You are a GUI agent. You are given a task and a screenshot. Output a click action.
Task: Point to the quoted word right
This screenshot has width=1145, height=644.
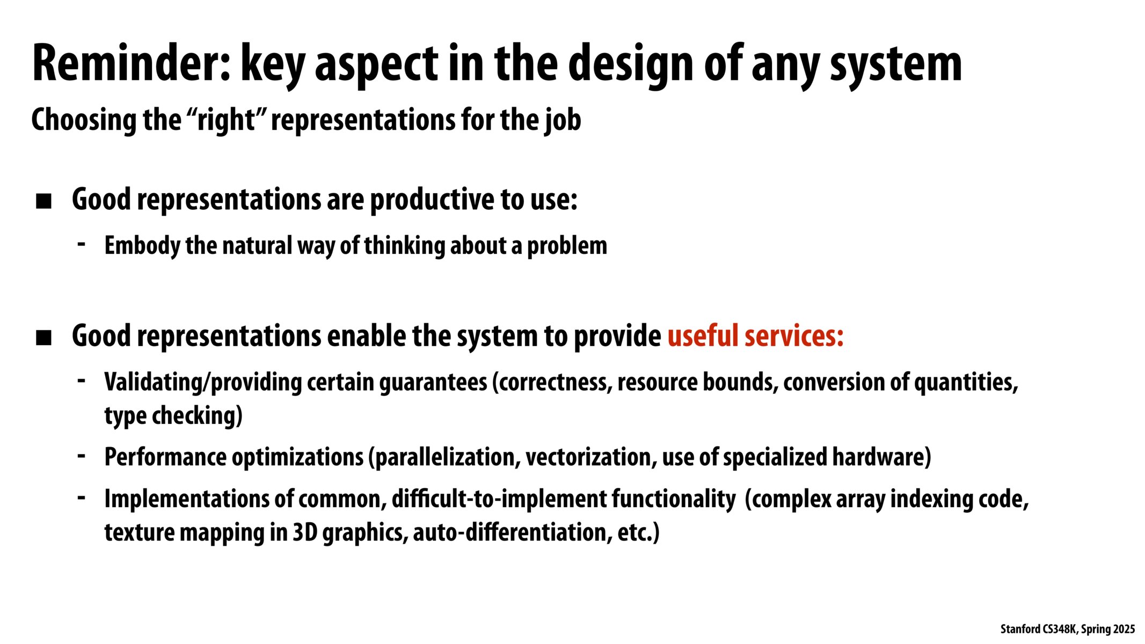[225, 120]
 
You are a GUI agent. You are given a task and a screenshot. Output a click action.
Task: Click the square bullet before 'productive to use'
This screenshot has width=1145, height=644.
[43, 201]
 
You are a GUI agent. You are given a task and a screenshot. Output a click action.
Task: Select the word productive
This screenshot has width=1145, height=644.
[432, 200]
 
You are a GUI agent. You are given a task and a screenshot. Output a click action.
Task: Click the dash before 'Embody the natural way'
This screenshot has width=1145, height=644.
[82, 244]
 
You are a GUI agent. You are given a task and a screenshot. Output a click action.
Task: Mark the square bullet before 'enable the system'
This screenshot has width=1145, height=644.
[43, 338]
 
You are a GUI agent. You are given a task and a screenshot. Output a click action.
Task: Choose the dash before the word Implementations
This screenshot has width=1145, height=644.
[82, 497]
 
